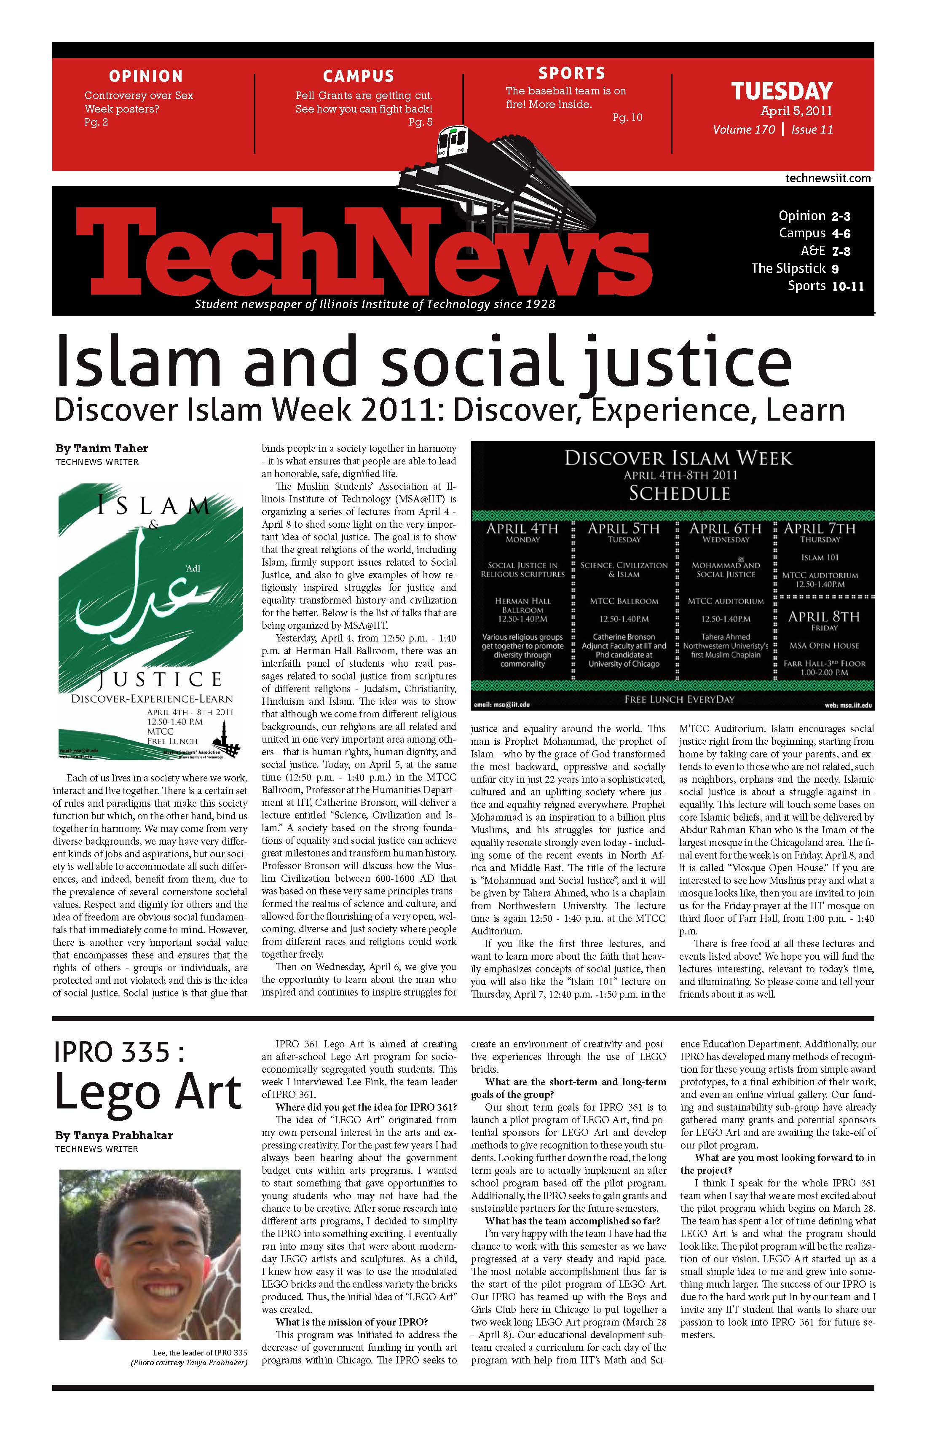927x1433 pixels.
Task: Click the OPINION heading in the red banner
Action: point(146,76)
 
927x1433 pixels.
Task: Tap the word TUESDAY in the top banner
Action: point(782,91)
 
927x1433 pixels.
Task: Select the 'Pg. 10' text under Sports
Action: point(627,118)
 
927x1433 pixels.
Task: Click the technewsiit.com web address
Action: point(828,178)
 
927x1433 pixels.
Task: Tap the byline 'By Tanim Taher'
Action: point(102,448)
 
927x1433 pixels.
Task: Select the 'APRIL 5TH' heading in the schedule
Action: point(624,529)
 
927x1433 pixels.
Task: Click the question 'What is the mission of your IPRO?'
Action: point(351,1322)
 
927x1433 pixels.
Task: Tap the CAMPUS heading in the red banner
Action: point(358,76)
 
